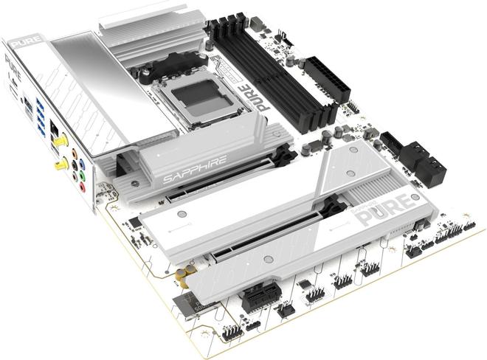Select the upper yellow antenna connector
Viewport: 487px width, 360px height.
click(63, 138)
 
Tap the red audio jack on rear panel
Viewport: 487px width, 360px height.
click(83, 187)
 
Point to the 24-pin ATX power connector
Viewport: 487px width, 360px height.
click(325, 75)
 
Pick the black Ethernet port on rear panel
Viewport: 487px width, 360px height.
click(55, 130)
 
